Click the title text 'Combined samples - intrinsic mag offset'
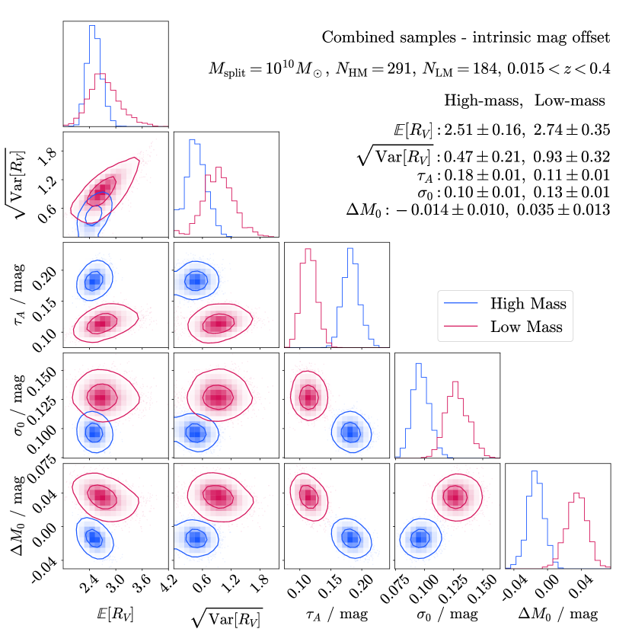point(465,37)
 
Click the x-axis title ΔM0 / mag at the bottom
point(558,614)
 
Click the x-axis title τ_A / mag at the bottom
point(336,614)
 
